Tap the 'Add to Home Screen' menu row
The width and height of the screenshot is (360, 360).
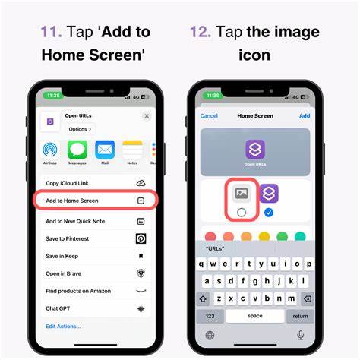click(95, 201)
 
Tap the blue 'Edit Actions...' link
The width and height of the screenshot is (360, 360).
click(63, 326)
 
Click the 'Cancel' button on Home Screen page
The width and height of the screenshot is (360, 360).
click(209, 116)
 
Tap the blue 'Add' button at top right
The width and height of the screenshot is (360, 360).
click(305, 116)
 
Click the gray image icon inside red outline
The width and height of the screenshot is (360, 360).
click(242, 194)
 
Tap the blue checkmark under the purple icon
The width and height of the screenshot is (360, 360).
click(268, 213)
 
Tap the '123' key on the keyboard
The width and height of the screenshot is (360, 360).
click(210, 316)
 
